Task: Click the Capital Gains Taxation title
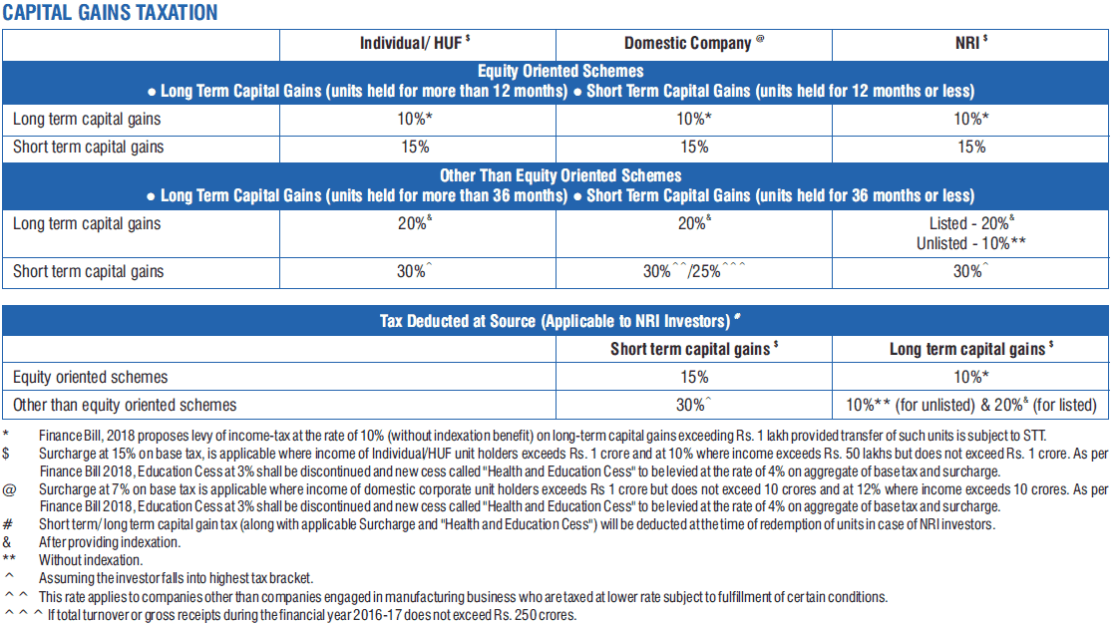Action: click(111, 12)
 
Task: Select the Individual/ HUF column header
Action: click(415, 44)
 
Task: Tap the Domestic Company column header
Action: click(694, 44)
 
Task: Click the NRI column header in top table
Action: click(971, 43)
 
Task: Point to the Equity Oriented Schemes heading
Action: click(559, 71)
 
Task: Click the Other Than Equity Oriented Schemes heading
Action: click(559, 176)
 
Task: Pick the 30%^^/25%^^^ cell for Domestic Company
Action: click(694, 271)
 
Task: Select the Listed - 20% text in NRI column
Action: click(971, 223)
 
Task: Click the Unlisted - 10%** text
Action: click(971, 243)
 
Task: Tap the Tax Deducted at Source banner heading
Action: click(559, 321)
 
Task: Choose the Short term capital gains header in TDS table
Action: click(694, 349)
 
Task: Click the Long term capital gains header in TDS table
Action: click(971, 349)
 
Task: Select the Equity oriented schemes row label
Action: click(91, 377)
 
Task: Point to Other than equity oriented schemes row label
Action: click(125, 406)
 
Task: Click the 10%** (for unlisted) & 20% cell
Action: click(971, 406)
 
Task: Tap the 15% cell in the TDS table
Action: click(694, 377)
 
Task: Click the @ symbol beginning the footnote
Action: click(9, 490)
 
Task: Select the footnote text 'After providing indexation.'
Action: click(110, 543)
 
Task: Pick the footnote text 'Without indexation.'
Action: click(91, 560)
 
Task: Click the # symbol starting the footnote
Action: click(7, 525)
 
